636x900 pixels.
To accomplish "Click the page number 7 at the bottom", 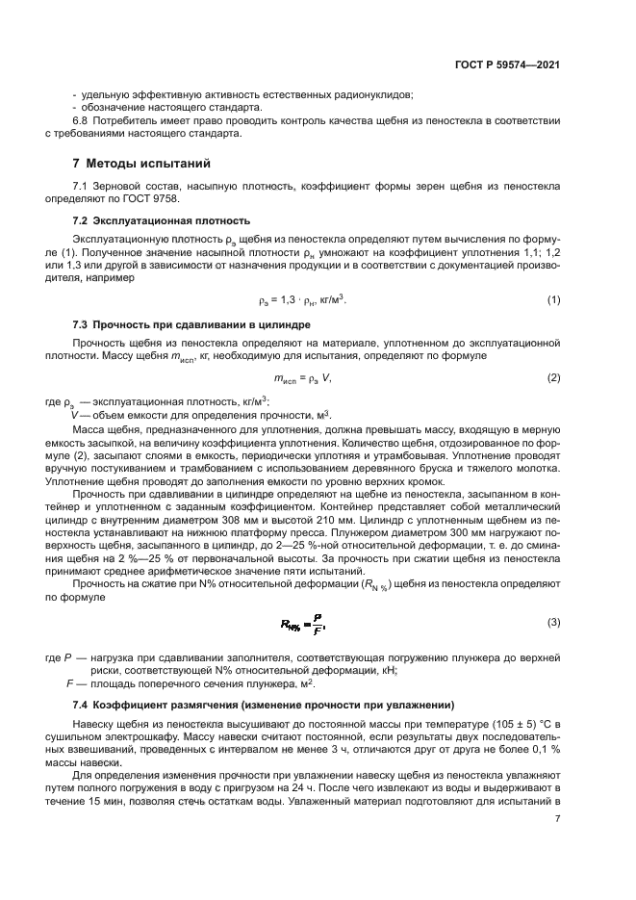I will (557, 819).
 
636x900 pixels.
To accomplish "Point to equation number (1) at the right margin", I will (553, 300).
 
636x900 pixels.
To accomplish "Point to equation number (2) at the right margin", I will (553, 378).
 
